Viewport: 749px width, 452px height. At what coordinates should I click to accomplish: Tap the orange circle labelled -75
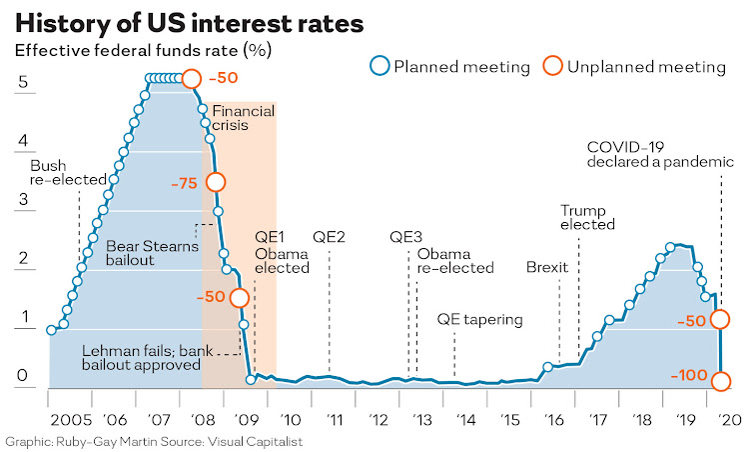tap(216, 182)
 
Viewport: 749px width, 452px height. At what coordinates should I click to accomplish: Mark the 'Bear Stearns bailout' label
tap(145, 251)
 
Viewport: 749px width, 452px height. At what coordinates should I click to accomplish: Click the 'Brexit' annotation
tap(546, 268)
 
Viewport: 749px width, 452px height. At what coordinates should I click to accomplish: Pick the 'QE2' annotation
tap(329, 237)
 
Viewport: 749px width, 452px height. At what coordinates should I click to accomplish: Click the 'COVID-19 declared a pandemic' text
tap(660, 152)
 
